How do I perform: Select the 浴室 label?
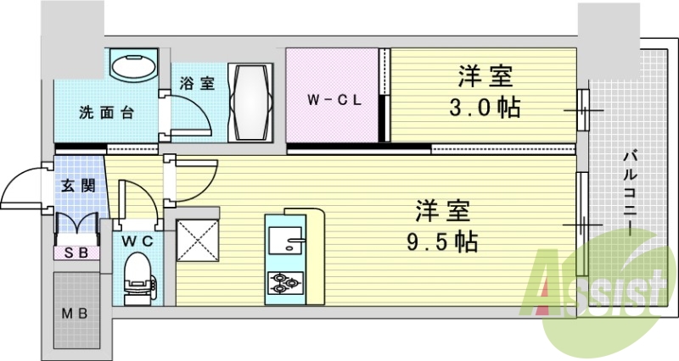coord(197,83)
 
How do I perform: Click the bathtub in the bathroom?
coord(252,101)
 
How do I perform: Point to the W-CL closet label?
coord(334,99)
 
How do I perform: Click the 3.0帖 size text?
coord(486,108)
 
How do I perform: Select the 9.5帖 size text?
coord(442,242)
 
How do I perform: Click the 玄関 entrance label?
coord(78,186)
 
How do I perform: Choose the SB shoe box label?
coord(76,252)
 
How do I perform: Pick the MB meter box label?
coord(76,312)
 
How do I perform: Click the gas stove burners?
coord(283,281)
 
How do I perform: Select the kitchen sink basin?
coord(284,241)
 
